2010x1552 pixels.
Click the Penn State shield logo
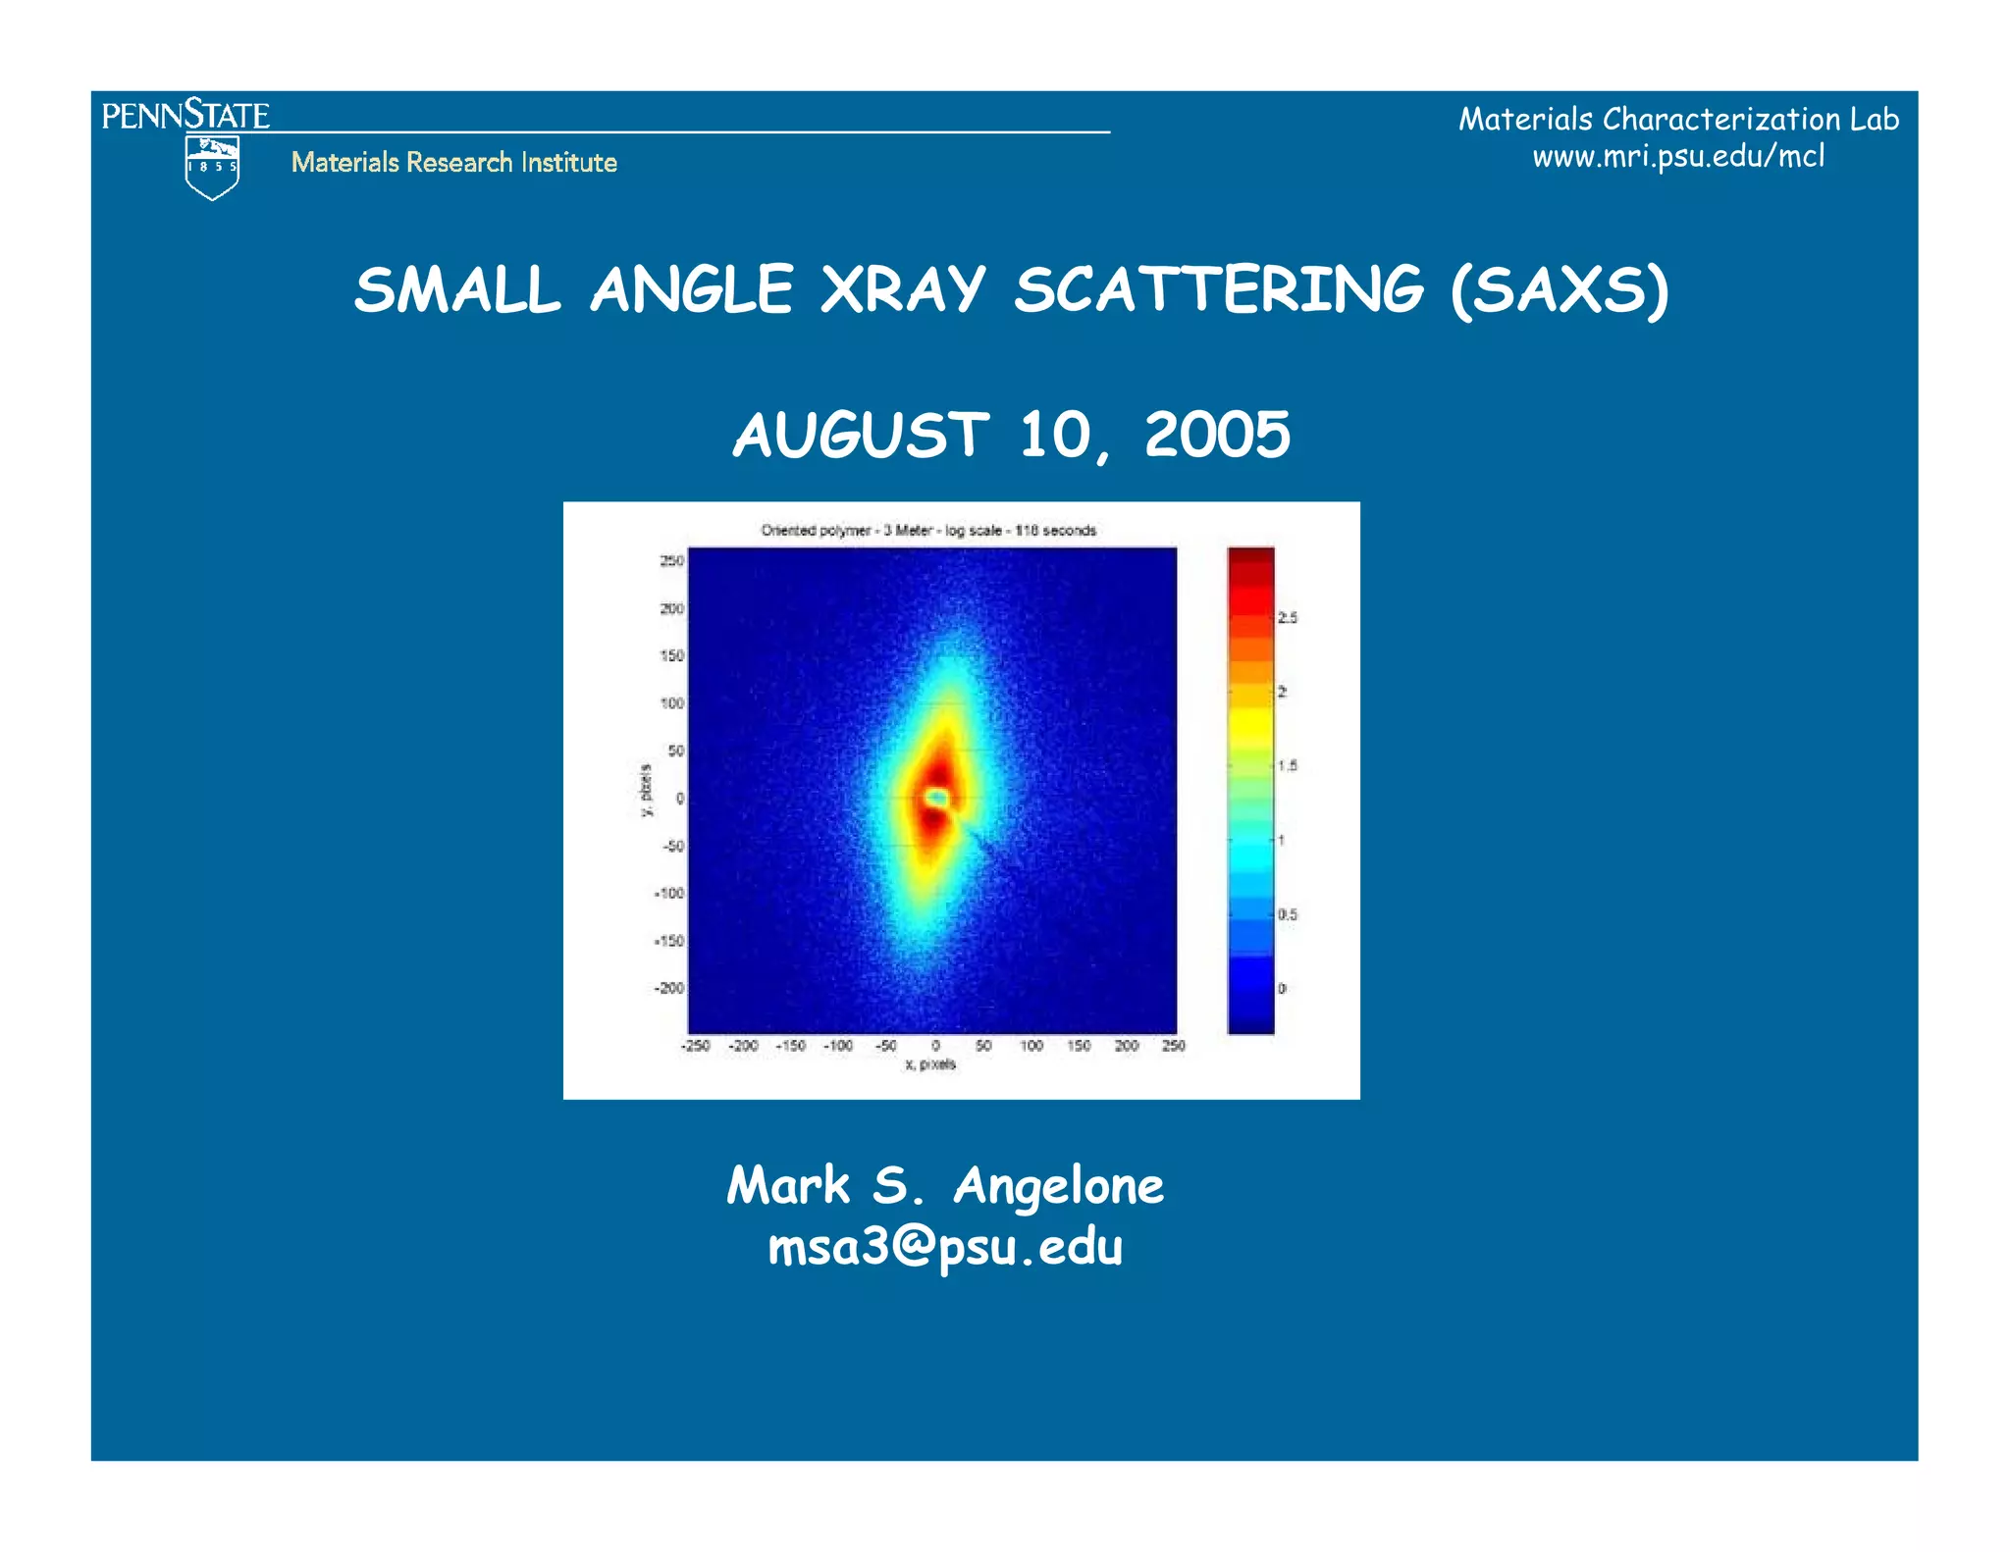pyautogui.click(x=212, y=168)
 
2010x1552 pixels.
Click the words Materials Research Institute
pyautogui.click(x=453, y=162)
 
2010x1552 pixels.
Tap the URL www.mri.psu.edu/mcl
pyautogui.click(x=1678, y=156)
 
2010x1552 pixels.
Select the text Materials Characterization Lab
pyautogui.click(x=1678, y=119)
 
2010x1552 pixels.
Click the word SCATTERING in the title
pyautogui.click(x=1218, y=290)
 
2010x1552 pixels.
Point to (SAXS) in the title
pyautogui.click(x=1560, y=290)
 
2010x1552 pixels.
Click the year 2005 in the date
pyautogui.click(x=1217, y=435)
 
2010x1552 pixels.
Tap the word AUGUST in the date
pyautogui.click(x=861, y=435)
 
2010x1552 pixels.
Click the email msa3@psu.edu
pyautogui.click(x=944, y=1247)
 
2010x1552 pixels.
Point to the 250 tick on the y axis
pyautogui.click(x=671, y=561)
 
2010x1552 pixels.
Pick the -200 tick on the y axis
pyautogui.click(x=669, y=988)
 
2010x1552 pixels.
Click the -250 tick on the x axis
pyautogui.click(x=695, y=1046)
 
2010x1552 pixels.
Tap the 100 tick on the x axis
pyautogui.click(x=1031, y=1046)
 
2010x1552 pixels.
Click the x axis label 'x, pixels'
pyautogui.click(x=929, y=1064)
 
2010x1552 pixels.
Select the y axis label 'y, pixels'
pyautogui.click(x=646, y=791)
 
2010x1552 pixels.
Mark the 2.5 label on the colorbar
pyautogui.click(x=1287, y=618)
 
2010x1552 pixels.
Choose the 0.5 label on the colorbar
pyautogui.click(x=1287, y=914)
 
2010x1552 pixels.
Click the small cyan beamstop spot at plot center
pyautogui.click(x=937, y=798)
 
